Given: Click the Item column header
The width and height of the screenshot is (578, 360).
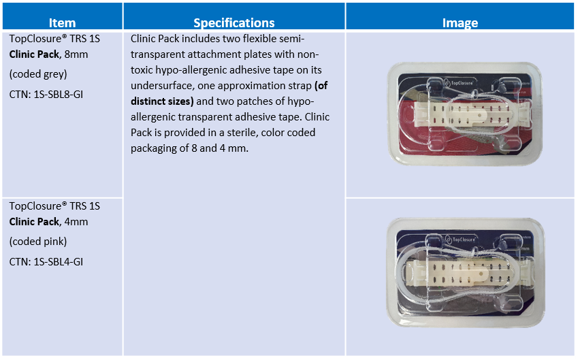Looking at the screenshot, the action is coord(63,23).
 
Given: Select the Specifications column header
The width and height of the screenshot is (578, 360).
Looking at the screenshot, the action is coord(234,23).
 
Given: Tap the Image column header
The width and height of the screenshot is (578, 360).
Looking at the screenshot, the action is coord(460,23).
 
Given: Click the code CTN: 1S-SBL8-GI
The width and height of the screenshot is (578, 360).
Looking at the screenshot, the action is coord(46,95).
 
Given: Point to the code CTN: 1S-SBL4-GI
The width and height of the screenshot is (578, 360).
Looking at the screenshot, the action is coord(46,261).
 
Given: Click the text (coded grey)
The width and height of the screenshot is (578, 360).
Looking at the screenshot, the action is coord(38,74).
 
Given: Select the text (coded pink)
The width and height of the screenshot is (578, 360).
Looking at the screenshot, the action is coord(38,242).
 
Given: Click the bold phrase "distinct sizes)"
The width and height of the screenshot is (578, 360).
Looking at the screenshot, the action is coord(162,101).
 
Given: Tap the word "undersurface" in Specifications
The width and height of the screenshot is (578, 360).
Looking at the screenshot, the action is coord(163,86).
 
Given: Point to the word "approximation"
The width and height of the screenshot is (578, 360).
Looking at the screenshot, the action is coord(261,86).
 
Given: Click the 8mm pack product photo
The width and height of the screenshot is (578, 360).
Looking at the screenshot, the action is coord(464,114).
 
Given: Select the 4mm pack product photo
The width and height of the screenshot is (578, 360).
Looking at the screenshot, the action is coord(466,272).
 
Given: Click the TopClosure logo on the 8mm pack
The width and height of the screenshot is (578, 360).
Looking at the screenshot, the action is coord(459,82).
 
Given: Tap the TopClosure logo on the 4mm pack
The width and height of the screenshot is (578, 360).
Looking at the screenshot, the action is coord(461,239).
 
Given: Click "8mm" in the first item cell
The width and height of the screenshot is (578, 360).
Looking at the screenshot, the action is coord(76,54).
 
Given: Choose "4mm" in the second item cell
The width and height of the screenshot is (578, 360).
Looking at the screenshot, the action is coord(76,222).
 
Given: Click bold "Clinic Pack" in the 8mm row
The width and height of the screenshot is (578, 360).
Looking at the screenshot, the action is coord(34,54).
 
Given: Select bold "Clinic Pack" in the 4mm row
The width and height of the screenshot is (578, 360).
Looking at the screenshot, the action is coord(34,222).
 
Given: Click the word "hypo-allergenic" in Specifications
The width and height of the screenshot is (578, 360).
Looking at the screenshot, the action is coord(193,70).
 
